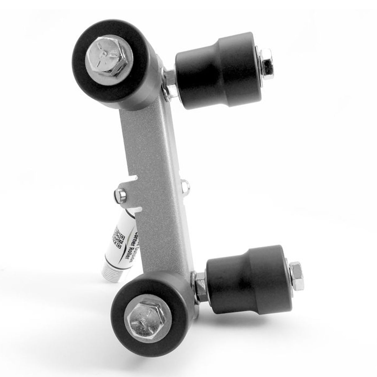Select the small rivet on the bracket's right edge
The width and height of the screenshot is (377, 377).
click(185, 184)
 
